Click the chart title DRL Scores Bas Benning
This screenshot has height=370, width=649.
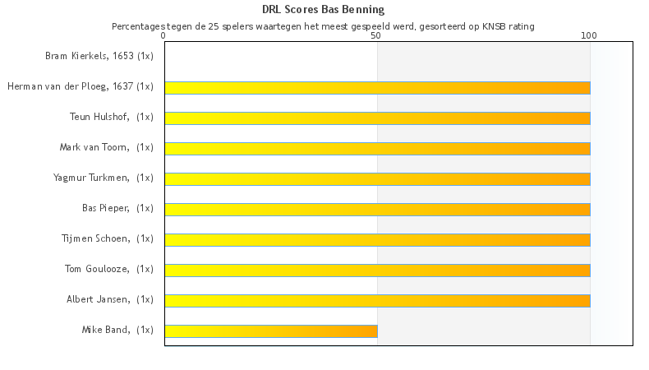tap(323, 10)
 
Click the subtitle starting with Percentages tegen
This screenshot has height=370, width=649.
tap(323, 26)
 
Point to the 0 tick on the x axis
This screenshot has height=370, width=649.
tap(163, 36)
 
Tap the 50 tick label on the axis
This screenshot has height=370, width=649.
tap(376, 36)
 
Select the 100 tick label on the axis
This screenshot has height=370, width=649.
tap(589, 36)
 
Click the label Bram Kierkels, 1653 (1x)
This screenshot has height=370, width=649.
tap(99, 57)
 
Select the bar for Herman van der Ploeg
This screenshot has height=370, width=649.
tap(377, 88)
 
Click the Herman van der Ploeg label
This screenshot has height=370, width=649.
tap(81, 86)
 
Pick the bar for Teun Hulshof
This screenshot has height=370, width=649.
tap(377, 118)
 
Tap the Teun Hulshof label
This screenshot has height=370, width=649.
tap(112, 117)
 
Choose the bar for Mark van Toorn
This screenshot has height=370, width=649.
tap(377, 149)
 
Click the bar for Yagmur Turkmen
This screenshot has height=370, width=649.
tap(377, 179)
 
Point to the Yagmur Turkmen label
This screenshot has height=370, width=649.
tap(104, 178)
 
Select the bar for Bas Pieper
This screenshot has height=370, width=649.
tap(377, 210)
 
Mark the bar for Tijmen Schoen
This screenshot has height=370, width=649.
tap(377, 240)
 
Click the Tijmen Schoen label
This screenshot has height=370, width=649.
tap(108, 238)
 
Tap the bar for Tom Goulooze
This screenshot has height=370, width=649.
tap(377, 271)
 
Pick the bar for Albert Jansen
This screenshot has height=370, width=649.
tap(377, 301)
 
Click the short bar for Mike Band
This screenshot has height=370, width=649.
tap(271, 331)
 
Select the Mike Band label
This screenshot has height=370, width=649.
tap(117, 330)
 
